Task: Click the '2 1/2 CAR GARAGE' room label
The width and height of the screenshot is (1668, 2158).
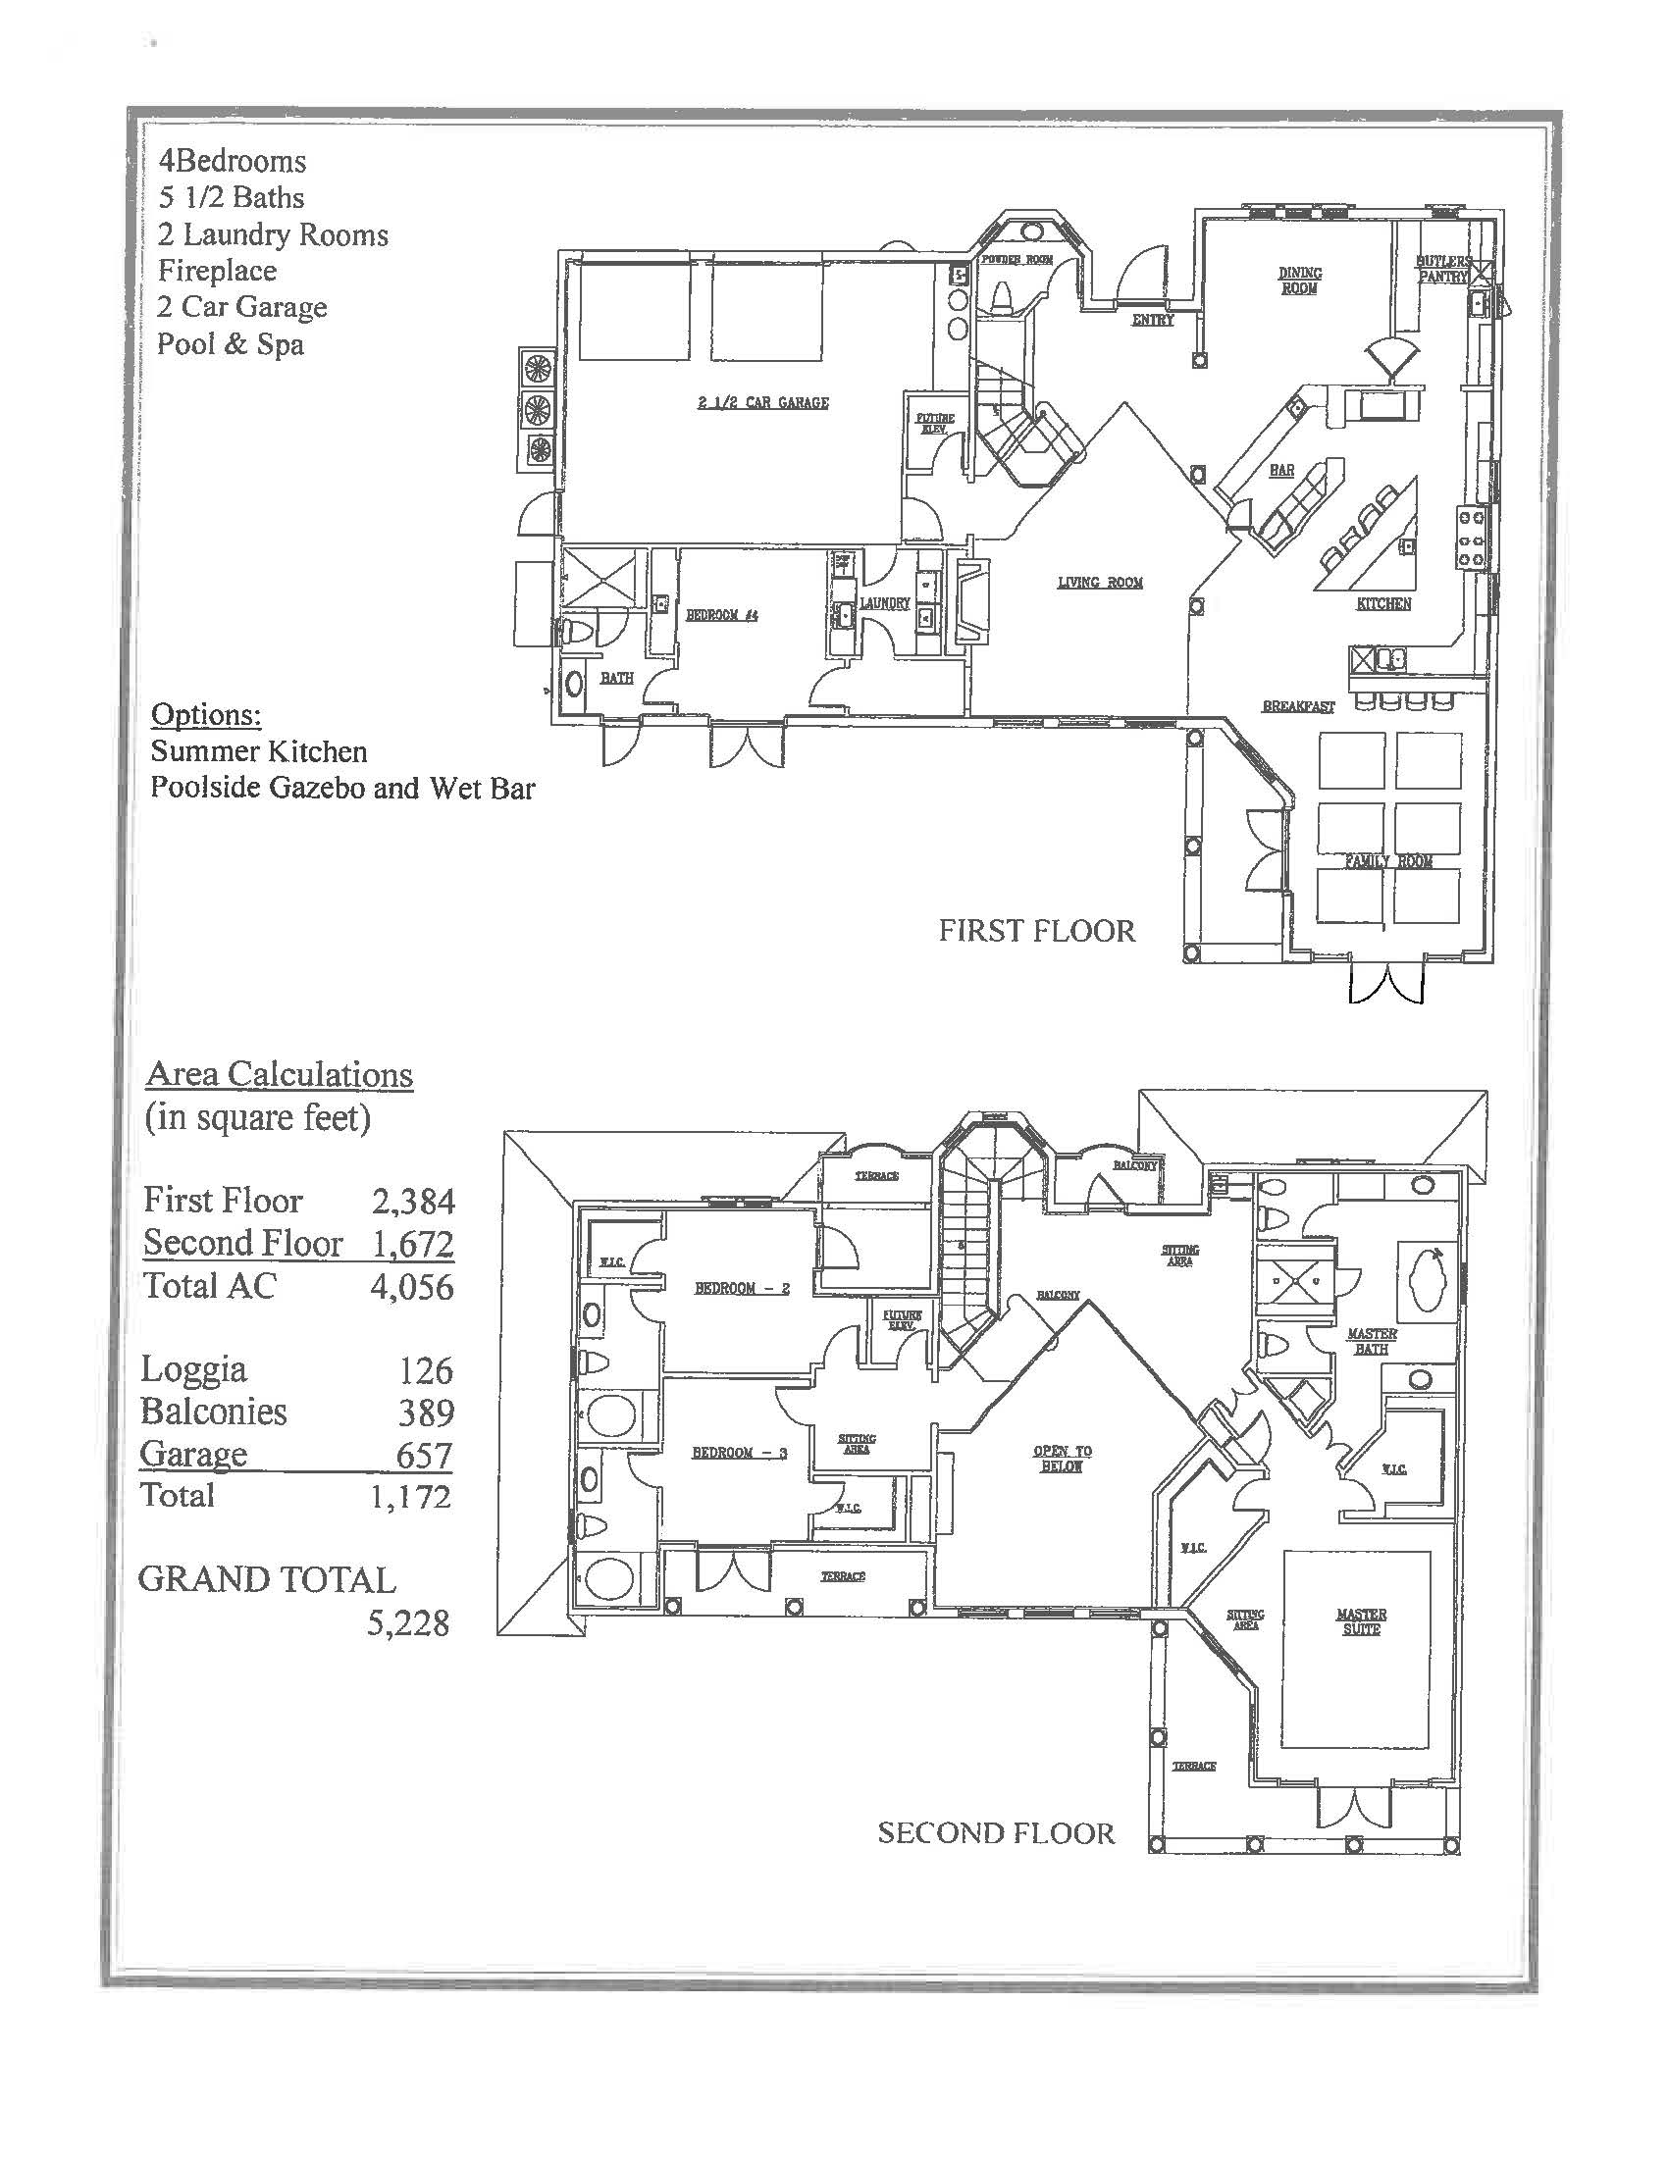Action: pos(762,402)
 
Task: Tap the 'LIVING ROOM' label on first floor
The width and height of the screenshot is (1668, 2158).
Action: pos(1100,582)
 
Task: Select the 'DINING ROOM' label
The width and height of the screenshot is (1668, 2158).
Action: pos(1299,281)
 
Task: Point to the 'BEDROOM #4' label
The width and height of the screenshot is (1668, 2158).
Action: pos(721,615)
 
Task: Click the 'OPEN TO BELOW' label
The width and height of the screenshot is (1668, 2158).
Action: pos(1063,1459)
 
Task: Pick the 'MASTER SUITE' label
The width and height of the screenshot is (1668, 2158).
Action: pos(1361,1621)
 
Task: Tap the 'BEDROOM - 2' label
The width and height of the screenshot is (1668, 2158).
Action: pos(741,1288)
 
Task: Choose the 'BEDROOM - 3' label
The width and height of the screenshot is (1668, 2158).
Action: pos(739,1452)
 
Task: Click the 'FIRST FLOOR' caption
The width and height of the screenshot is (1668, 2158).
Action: pos(1036,931)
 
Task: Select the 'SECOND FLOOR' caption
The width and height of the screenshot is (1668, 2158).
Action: pos(995,1834)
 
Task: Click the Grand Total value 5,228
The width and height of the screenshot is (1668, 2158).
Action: pos(407,1622)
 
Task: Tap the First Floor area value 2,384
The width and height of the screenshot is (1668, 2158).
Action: pos(413,1201)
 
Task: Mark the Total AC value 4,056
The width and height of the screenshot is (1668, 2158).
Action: pos(412,1287)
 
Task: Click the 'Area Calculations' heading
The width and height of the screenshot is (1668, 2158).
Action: pos(279,1074)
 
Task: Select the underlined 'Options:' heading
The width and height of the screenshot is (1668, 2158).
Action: pos(205,714)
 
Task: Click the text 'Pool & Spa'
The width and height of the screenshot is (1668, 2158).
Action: pos(231,344)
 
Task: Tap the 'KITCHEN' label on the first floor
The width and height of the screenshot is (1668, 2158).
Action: pos(1383,602)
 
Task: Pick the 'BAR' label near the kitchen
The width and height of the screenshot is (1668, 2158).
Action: pos(1281,470)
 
